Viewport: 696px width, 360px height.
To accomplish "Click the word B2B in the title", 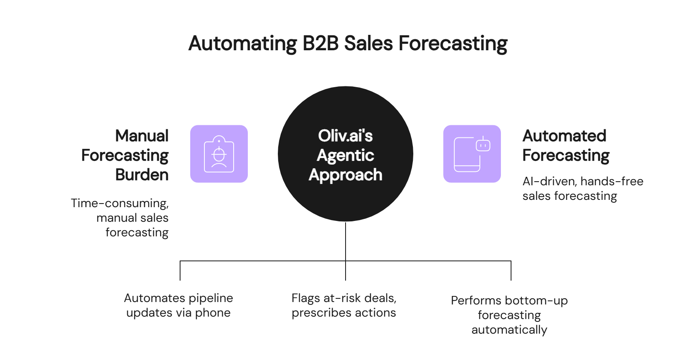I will pos(320,44).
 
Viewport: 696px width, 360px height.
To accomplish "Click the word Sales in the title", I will pos(368,44).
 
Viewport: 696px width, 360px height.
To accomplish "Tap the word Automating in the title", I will pos(243,44).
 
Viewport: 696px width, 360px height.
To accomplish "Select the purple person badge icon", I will pos(219,154).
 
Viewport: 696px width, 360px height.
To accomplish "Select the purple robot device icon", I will pos(472,154).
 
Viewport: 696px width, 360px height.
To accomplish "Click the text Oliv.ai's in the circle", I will pos(345,136).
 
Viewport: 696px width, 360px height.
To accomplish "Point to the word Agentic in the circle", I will pos(345,156).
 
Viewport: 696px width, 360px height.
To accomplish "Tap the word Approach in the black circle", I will pos(345,175).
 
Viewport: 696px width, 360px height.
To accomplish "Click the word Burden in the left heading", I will pos(142,175).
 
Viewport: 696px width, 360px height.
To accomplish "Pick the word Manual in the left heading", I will pos(142,136).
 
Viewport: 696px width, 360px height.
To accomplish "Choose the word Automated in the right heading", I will pos(565,136).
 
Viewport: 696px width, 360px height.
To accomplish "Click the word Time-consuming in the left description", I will pos(120,203).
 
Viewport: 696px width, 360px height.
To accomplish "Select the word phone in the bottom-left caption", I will pos(213,313).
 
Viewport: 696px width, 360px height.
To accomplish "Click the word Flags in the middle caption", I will pos(306,298).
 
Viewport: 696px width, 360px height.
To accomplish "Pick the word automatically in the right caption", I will pos(509,330).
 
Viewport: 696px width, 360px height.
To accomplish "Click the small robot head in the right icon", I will pos(483,145).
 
